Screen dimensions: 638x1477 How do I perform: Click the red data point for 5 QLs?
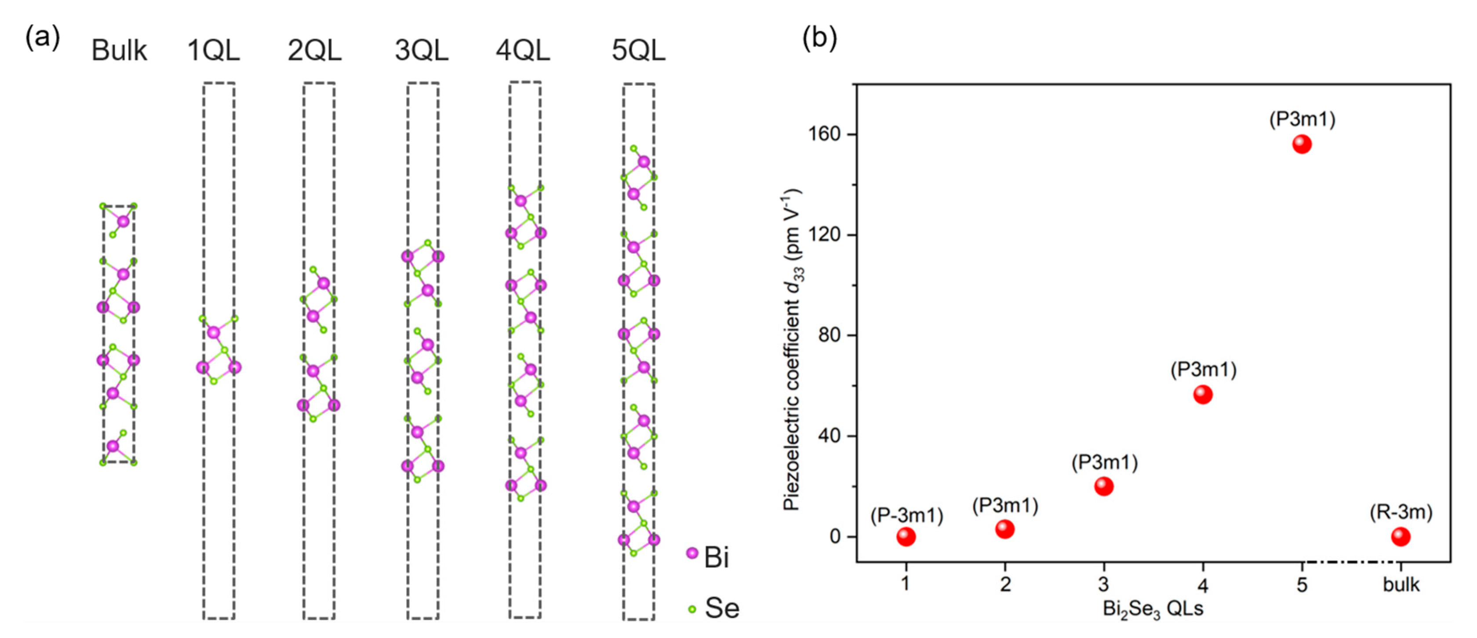(1302, 144)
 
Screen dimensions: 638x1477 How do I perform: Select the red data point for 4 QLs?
(1202, 395)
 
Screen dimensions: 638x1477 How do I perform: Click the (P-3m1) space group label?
(906, 515)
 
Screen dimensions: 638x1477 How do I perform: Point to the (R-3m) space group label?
(1401, 512)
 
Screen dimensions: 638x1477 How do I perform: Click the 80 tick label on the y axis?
(829, 335)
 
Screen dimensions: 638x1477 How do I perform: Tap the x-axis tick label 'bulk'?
(1401, 585)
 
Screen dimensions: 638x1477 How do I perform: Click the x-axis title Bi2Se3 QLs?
(1153, 609)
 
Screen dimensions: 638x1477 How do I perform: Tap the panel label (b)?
(819, 38)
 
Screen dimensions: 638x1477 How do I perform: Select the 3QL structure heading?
(422, 51)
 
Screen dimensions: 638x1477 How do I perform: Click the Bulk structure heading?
(119, 51)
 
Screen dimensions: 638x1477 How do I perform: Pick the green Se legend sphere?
(692, 609)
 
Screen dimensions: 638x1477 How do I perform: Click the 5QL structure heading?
(638, 51)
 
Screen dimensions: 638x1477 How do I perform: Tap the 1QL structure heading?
(213, 51)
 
